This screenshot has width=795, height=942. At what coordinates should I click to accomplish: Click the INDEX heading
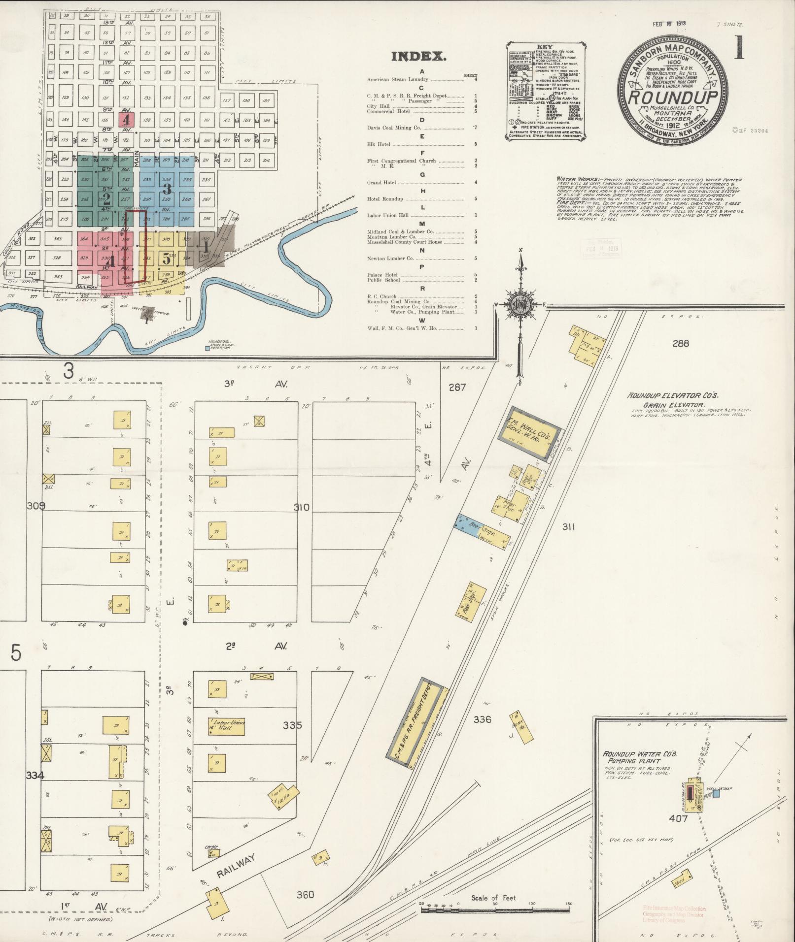[x=419, y=57]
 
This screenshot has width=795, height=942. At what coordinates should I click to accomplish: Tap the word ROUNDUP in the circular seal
[x=673, y=97]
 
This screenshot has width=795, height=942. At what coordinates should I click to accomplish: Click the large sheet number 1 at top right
[x=738, y=48]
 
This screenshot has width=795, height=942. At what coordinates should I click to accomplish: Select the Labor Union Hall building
[x=226, y=726]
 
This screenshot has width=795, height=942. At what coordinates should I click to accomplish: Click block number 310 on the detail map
[x=302, y=507]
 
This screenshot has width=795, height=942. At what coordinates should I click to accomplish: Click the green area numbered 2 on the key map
[x=106, y=199]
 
